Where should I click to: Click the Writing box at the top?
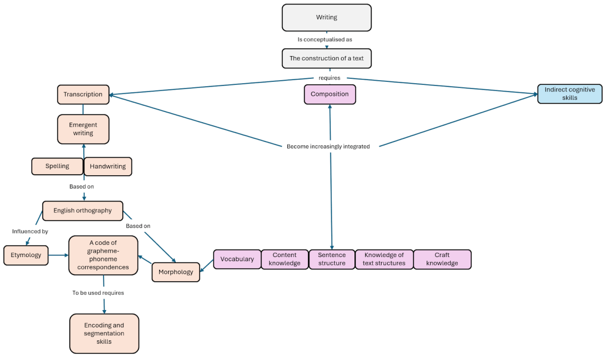326,18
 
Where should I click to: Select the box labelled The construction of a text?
326,58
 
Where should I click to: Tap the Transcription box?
83,94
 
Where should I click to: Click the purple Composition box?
329,94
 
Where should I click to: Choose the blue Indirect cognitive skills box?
570,94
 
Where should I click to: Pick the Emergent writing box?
83,129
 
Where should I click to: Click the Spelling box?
57,167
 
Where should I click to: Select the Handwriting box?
108,167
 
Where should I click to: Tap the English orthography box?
82,211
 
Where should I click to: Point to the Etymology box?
26,255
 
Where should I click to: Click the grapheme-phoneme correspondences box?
103,255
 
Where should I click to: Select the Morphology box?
176,272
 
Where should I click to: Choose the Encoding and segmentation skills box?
104,334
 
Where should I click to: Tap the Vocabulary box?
237,260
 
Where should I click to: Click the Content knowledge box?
284,260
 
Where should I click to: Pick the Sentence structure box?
332,260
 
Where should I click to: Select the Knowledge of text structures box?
384,260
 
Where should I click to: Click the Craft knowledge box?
442,260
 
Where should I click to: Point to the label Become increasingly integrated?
328,147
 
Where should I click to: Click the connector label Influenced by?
30,232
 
